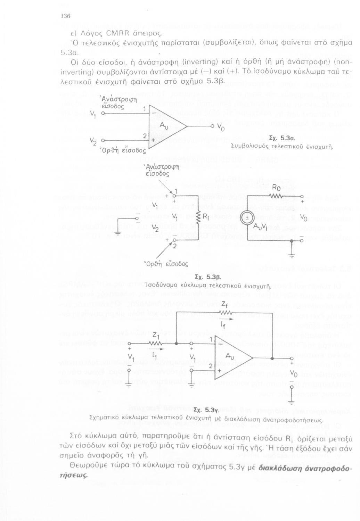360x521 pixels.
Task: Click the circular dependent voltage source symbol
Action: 246,218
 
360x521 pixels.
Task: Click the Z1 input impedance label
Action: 155,335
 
